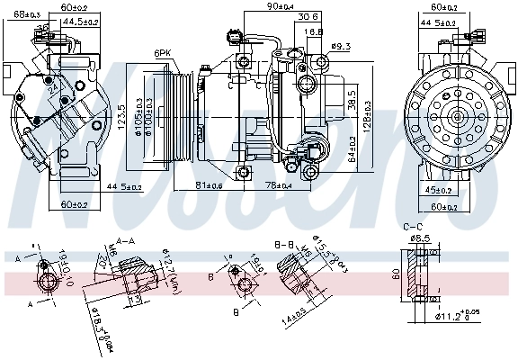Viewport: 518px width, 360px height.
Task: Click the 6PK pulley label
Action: (162, 53)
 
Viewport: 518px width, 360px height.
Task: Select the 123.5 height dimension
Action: (121, 118)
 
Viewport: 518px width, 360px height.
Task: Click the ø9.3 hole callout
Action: (340, 46)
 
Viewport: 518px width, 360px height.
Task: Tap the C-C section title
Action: (414, 227)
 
